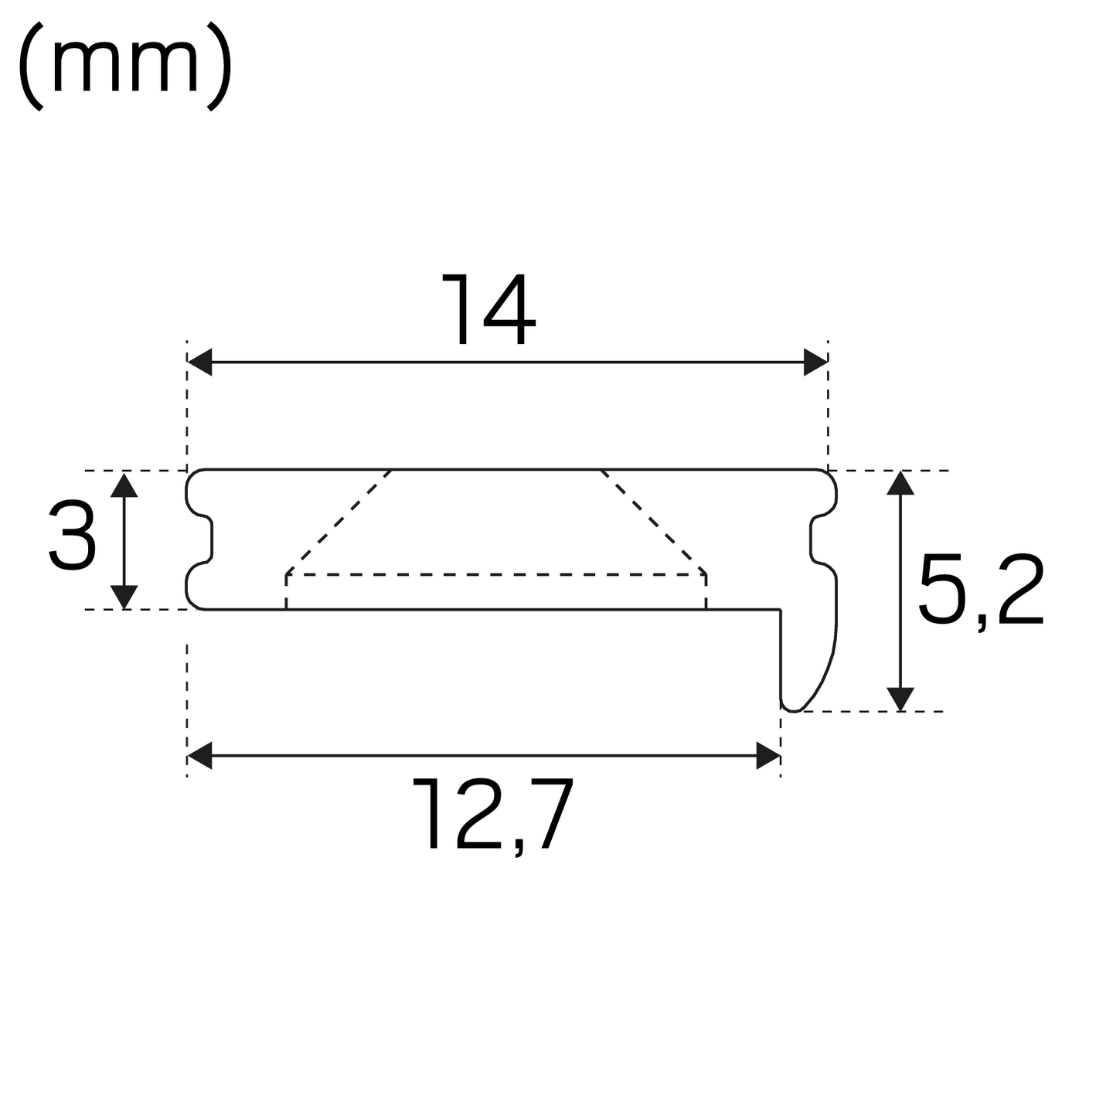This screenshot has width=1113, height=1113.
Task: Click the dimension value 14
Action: (x=488, y=310)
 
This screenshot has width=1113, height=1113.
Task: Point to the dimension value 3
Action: (x=72, y=535)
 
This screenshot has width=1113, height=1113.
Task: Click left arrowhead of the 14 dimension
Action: (x=200, y=362)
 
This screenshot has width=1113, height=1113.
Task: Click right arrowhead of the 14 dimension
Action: (x=815, y=362)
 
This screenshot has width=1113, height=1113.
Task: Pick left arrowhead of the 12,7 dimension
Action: (x=200, y=756)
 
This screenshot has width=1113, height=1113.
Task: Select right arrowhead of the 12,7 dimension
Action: (x=768, y=756)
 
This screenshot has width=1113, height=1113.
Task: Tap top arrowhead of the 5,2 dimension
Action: (x=900, y=483)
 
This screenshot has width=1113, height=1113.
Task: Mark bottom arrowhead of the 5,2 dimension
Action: (x=900, y=699)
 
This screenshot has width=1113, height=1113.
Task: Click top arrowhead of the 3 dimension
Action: (x=124, y=485)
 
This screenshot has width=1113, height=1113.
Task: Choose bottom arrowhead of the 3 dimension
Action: (x=124, y=596)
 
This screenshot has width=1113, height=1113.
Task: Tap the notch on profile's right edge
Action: (x=816, y=539)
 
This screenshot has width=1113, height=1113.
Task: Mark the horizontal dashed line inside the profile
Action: (x=495, y=574)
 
